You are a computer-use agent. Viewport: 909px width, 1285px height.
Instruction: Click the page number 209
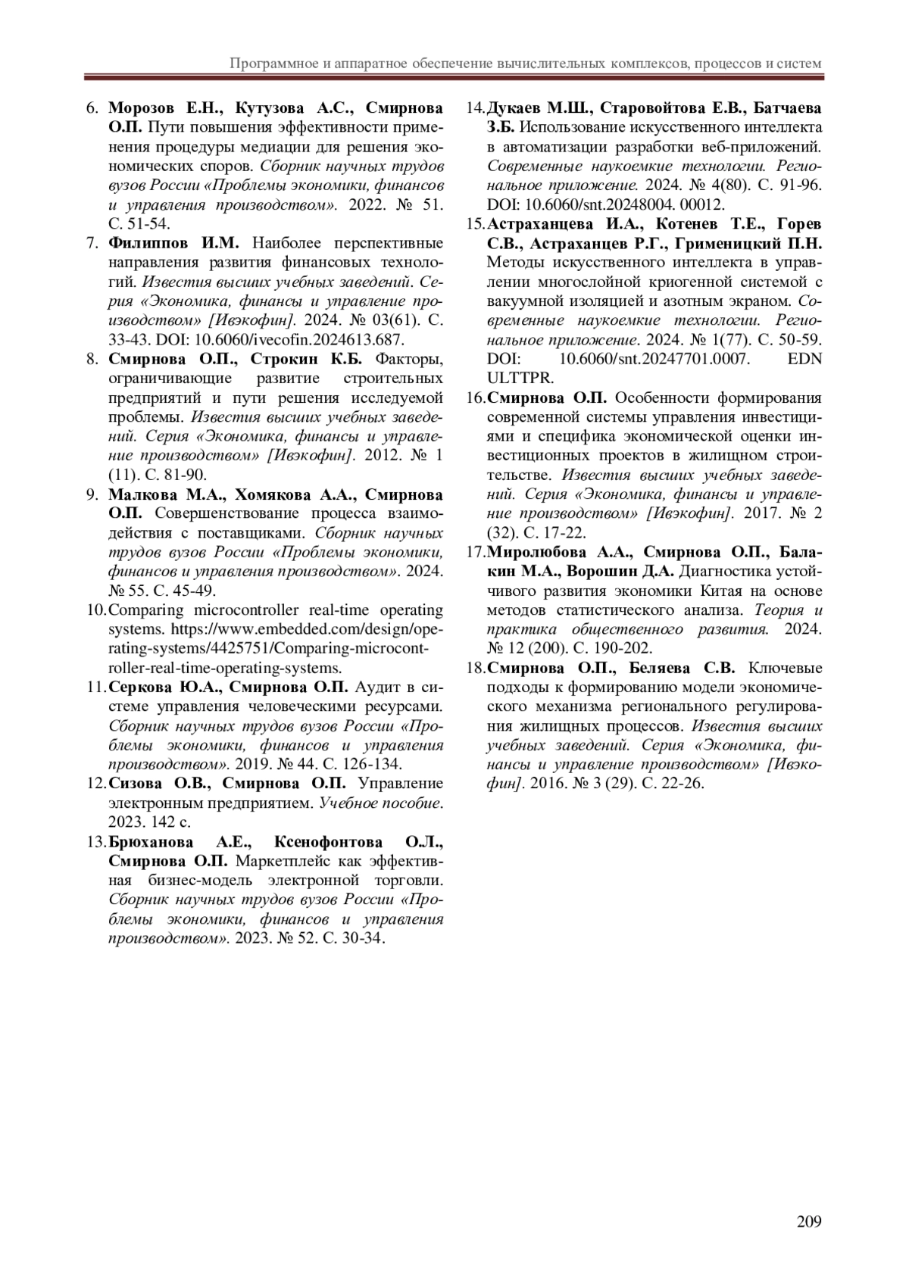(809, 1221)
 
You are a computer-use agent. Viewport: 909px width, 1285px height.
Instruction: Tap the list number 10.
(96, 610)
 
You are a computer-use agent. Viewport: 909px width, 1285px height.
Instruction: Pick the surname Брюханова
(151, 842)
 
